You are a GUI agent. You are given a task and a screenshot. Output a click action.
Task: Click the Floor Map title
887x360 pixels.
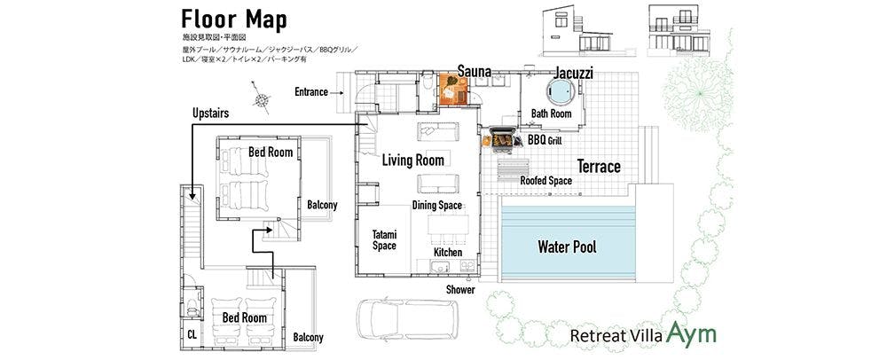click(x=233, y=19)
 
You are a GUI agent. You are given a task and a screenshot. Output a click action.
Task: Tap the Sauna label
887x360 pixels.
click(x=475, y=70)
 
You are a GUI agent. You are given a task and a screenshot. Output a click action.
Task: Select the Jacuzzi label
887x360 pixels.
click(x=575, y=71)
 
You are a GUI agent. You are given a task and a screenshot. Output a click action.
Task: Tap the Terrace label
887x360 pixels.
click(x=599, y=166)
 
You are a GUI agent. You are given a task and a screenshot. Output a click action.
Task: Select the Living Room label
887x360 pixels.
click(x=412, y=160)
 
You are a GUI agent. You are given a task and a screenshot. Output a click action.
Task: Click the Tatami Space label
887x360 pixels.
click(x=383, y=239)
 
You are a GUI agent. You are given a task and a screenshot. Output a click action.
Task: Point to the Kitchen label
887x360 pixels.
click(x=448, y=253)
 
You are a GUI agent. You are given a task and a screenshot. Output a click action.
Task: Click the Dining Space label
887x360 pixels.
click(x=436, y=205)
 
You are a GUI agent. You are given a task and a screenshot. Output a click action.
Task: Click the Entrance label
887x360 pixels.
click(x=311, y=91)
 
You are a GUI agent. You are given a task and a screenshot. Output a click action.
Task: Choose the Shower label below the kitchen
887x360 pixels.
click(x=460, y=289)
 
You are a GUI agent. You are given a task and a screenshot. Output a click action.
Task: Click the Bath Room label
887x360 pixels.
click(x=551, y=113)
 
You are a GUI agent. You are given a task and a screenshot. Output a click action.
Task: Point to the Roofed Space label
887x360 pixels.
click(x=546, y=181)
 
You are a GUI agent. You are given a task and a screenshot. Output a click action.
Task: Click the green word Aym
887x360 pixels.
click(x=692, y=333)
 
